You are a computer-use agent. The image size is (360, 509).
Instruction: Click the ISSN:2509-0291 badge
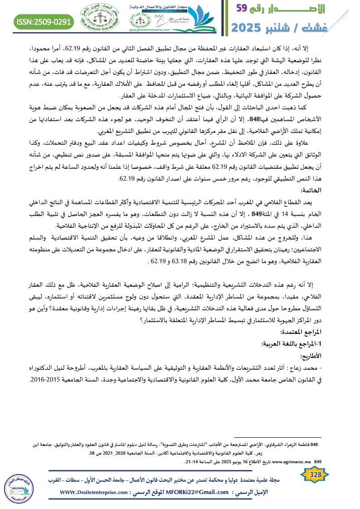[44, 21]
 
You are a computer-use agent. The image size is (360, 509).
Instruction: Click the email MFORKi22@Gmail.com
[197, 492]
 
